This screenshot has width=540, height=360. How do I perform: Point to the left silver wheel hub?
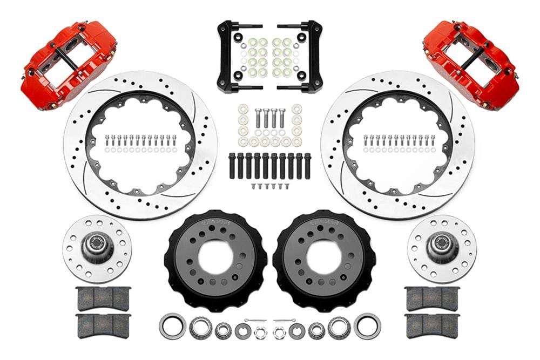(x=97, y=248)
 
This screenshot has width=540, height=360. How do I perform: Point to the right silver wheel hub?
(x=442, y=248)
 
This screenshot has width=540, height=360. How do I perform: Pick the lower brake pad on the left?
(x=103, y=325)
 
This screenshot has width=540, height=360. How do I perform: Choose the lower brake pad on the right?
(x=432, y=325)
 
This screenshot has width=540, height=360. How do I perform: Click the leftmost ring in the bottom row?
(x=172, y=327)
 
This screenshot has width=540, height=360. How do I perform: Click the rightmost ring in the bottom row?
(x=367, y=327)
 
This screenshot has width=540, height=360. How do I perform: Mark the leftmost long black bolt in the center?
(x=232, y=166)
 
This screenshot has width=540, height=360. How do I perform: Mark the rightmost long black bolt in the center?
(x=307, y=166)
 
